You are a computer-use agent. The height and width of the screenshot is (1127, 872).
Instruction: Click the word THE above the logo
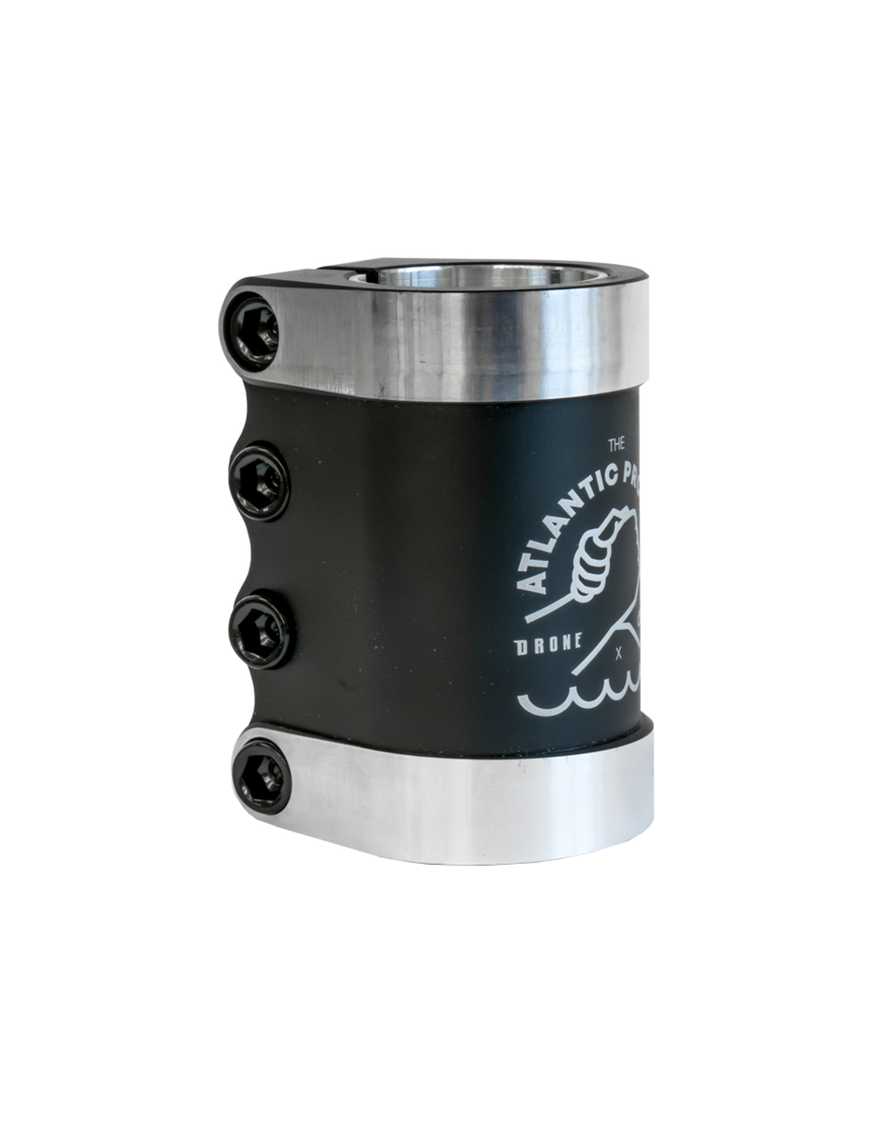[x=616, y=445]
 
